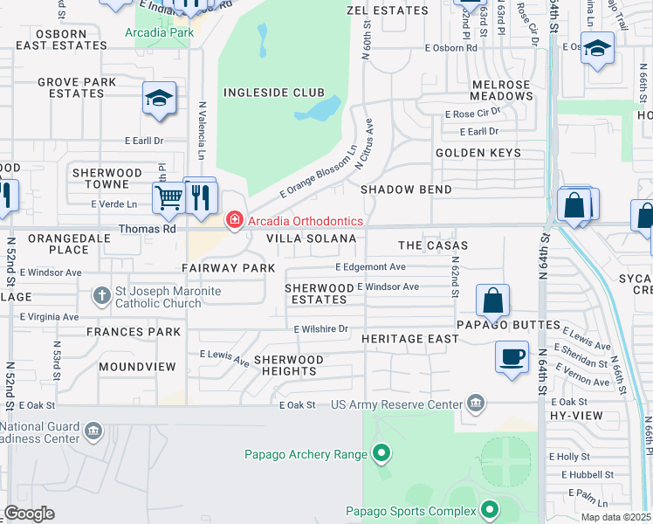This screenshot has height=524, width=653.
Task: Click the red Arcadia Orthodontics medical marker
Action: tap(234, 221)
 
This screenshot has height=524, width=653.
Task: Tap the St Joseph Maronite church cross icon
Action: tap(102, 294)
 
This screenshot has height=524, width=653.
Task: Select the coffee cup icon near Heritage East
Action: tap(512, 356)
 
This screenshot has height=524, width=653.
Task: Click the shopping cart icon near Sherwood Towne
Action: tap(168, 196)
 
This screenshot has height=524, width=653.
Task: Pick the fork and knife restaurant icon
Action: tap(200, 196)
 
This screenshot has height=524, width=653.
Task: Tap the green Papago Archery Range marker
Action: tap(381, 453)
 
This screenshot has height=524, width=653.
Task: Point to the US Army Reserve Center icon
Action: tap(475, 403)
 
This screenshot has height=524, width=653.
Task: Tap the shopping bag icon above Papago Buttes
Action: tap(493, 300)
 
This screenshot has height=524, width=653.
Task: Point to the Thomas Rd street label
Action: tap(148, 229)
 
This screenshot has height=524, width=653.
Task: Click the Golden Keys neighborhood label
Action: tap(478, 153)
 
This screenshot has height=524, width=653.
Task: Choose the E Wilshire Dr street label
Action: tap(321, 329)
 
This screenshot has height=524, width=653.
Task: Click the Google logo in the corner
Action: tap(29, 514)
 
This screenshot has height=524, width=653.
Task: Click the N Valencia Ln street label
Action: tap(202, 130)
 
